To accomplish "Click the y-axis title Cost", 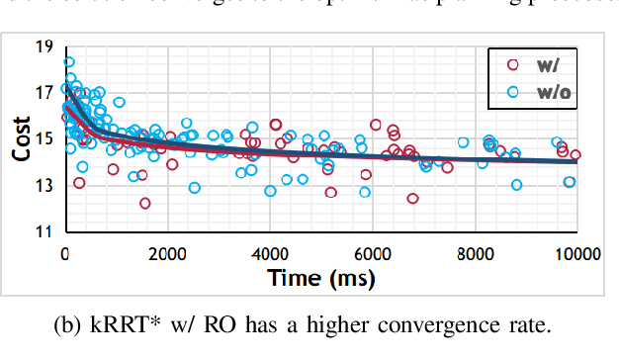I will coord(21,140).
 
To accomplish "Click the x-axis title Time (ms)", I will coord(320,278).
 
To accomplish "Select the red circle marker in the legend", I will coord(512,65).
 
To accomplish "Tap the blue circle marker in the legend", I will coord(512,92).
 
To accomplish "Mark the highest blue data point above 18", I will coord(69,62).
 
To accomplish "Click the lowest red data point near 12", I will coord(145,203).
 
